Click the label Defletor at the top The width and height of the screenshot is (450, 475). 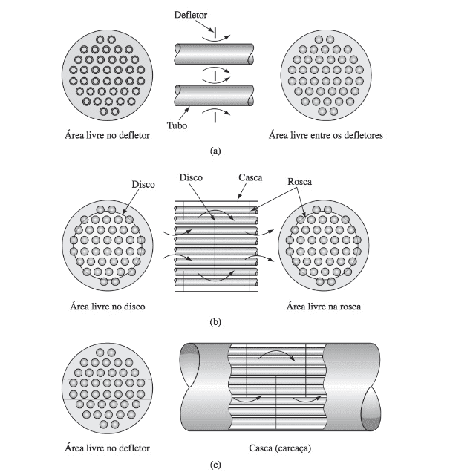(x=190, y=15)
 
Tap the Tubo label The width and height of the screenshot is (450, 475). (x=177, y=125)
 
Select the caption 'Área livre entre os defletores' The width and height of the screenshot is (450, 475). (x=326, y=135)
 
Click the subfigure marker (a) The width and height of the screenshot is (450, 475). (x=215, y=151)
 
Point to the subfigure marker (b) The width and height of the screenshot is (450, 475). (x=215, y=321)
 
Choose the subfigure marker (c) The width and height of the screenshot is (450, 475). (x=215, y=465)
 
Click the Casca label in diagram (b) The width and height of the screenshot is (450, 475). (x=250, y=177)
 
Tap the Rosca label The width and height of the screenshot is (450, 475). (x=299, y=182)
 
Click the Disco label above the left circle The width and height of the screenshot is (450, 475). (x=143, y=185)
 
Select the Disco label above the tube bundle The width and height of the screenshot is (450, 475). (x=191, y=177)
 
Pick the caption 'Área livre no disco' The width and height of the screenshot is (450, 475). (x=108, y=307)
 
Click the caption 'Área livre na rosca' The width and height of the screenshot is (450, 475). (x=324, y=307)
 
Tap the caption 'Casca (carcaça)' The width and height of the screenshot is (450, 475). (x=280, y=448)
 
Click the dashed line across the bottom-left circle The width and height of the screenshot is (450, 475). (x=108, y=379)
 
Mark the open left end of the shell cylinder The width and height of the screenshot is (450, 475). (x=189, y=365)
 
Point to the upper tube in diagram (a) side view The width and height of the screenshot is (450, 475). (x=214, y=54)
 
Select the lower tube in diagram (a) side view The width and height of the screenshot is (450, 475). (x=214, y=96)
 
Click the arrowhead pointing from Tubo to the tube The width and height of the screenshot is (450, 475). (x=188, y=109)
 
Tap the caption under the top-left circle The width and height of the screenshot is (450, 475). (x=107, y=135)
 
